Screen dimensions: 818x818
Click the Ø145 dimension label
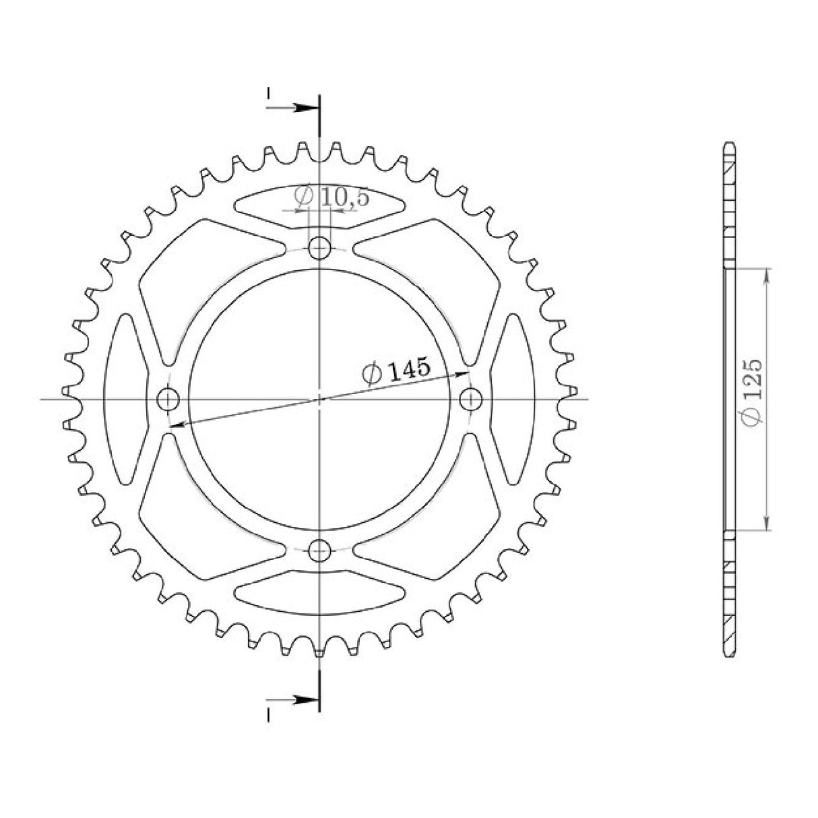[396, 371]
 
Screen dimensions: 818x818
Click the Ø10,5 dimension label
[321, 197]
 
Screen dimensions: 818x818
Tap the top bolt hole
[319, 249]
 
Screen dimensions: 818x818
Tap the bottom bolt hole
[319, 550]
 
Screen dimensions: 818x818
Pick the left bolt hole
[168, 399]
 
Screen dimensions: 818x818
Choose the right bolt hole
[470, 399]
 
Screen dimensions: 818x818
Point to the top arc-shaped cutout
[319, 202]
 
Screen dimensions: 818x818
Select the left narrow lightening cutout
[125, 399]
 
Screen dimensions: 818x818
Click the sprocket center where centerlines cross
[319, 399]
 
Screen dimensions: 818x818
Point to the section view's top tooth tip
[729, 144]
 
